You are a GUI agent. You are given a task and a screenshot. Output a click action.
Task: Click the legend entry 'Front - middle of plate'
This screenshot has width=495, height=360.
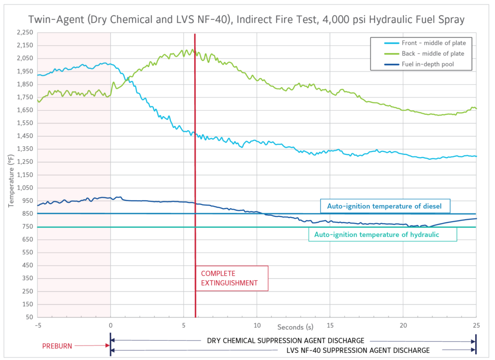click(433, 43)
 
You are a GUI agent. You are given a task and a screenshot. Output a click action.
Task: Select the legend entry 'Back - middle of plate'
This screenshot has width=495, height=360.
click(433, 54)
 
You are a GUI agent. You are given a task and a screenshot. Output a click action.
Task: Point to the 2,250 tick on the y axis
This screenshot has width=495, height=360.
click(24, 32)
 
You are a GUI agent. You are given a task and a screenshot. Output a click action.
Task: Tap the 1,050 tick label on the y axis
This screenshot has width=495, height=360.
click(24, 188)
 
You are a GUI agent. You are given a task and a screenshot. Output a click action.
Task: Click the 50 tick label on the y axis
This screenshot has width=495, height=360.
click(29, 317)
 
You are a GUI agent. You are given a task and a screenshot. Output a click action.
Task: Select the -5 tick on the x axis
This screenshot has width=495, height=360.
click(37, 325)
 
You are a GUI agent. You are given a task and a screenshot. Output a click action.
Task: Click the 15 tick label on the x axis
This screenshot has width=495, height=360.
click(330, 325)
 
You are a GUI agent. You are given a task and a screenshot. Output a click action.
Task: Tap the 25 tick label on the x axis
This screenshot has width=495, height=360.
click(476, 325)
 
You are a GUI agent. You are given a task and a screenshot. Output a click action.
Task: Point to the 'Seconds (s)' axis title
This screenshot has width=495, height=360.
click(293, 328)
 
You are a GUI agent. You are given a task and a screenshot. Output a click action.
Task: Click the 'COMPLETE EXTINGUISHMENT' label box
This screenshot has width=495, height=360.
click(231, 278)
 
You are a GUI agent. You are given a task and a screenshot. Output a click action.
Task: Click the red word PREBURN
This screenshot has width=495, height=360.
click(58, 345)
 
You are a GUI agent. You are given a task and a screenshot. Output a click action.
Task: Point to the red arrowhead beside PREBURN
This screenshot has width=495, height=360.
click(107, 345)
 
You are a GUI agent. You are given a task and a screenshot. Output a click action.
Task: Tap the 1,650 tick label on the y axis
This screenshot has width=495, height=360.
click(24, 110)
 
